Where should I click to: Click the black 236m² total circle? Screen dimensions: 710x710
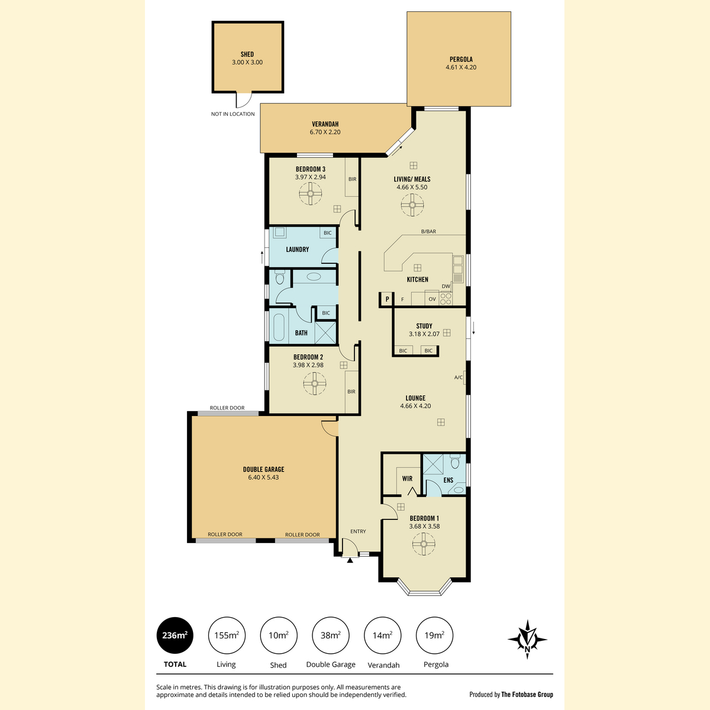[x=175, y=635]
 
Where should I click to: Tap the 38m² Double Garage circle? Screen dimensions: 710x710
[x=331, y=635]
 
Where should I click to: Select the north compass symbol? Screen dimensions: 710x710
[x=527, y=639]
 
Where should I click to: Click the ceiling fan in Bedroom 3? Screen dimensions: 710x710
[x=310, y=193]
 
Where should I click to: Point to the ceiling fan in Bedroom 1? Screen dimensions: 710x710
[x=424, y=544]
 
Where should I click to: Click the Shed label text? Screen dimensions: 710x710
[x=247, y=54]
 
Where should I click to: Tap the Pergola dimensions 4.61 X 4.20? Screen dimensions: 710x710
[x=461, y=67]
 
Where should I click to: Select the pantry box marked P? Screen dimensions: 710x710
[x=387, y=299]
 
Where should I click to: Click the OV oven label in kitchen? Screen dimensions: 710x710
[x=432, y=299]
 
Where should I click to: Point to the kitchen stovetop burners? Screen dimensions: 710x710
[x=446, y=298]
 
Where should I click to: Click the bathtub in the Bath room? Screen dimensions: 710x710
[x=279, y=327]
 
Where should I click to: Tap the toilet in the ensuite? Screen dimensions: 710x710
[x=455, y=461]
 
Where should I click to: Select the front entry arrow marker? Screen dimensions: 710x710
[x=350, y=560]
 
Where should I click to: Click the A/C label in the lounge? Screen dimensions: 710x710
[x=459, y=377]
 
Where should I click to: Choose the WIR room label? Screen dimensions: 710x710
[x=407, y=479]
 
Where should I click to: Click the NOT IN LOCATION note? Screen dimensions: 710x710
[x=233, y=114]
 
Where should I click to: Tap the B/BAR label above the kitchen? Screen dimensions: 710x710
[x=428, y=231]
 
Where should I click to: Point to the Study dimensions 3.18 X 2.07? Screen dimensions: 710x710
[x=424, y=334]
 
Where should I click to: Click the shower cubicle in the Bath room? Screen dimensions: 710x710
[x=325, y=333]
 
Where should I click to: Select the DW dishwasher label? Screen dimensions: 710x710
[x=446, y=286]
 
